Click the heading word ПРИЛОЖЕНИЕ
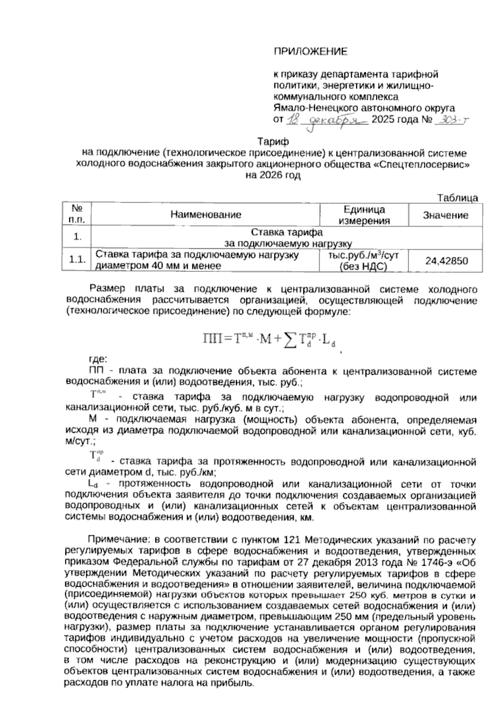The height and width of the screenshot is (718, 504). tap(311, 52)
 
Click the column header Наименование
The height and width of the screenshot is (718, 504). tap(206, 215)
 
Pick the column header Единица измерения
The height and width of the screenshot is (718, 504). tap(364, 215)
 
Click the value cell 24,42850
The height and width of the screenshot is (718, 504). tap(446, 261)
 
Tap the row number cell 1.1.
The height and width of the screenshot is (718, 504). tap(77, 261)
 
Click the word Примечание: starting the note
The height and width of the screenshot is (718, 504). tap(116, 539)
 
